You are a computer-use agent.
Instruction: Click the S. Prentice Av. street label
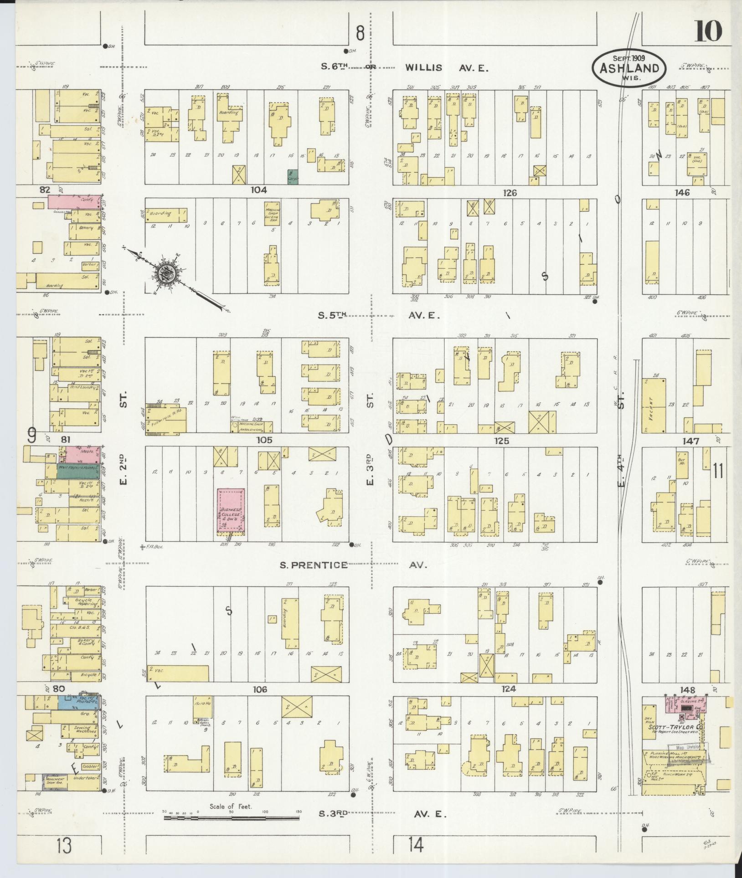click(313, 565)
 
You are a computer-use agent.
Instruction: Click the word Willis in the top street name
click(424, 68)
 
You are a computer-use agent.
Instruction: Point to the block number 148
click(687, 690)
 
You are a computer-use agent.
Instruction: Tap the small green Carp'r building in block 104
click(293, 177)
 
